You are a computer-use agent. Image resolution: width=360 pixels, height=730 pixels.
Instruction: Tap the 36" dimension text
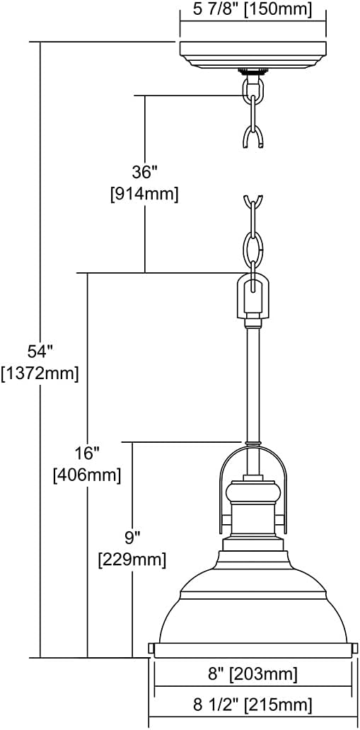[144, 171]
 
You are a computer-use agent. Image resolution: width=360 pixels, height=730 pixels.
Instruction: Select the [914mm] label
[144, 194]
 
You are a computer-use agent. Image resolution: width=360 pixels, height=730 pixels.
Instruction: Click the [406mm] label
[87, 475]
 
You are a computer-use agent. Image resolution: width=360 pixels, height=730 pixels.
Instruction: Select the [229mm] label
[132, 560]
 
